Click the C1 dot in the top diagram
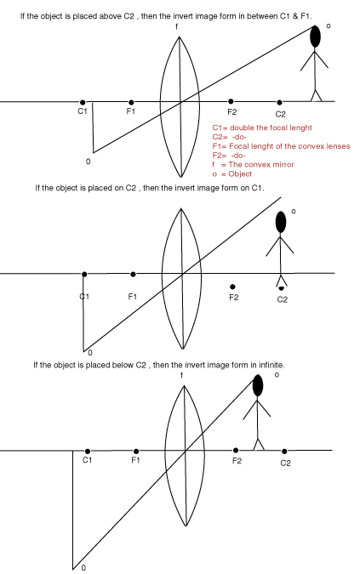(83, 102)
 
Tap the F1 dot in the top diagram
(131, 102)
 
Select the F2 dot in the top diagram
(231, 101)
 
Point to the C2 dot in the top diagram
(279, 103)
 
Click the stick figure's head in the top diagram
(316, 37)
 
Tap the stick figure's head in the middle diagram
(281, 222)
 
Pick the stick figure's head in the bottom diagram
(258, 385)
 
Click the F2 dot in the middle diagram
(232, 287)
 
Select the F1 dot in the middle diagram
(133, 274)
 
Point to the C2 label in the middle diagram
(283, 299)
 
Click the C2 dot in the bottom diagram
(284, 452)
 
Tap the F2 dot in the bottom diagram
(236, 450)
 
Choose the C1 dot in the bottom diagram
(87, 452)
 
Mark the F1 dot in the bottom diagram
(136, 452)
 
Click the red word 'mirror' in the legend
(281, 165)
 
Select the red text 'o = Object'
(232, 173)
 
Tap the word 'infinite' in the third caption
(271, 365)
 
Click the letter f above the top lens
(177, 26)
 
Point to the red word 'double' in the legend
(242, 128)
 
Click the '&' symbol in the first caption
(295, 16)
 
